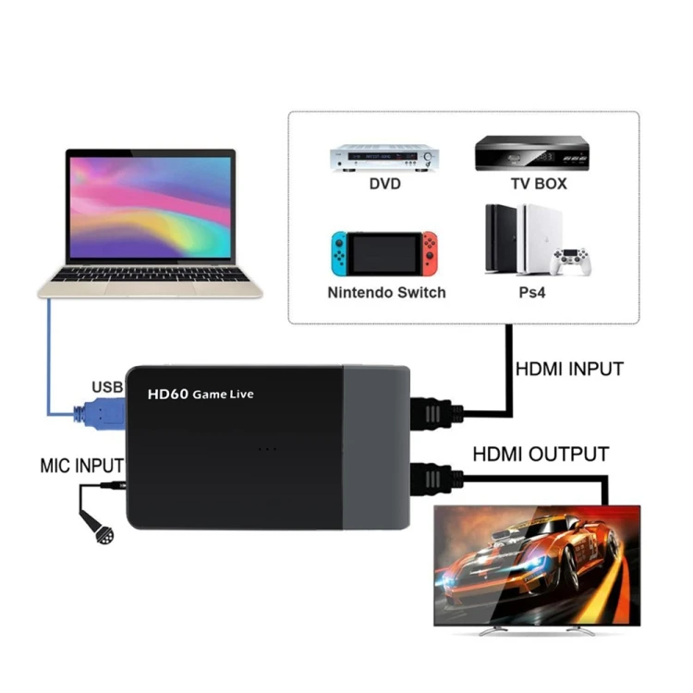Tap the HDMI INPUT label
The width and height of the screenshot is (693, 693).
point(568,370)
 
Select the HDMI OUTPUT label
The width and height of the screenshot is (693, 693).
point(541,454)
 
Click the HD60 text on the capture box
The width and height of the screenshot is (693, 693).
point(168,394)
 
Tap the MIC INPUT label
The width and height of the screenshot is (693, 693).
point(81,464)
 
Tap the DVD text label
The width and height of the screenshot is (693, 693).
point(383,184)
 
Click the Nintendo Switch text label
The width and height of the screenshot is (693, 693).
point(386,293)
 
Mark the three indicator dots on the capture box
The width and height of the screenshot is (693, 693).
point(267,449)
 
